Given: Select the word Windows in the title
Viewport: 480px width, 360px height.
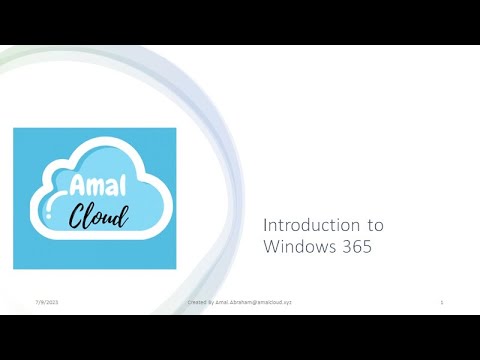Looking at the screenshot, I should pos(295,246).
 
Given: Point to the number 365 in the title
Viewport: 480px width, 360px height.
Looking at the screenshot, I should pos(354,246).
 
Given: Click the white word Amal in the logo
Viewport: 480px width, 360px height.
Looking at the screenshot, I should pos(95,185).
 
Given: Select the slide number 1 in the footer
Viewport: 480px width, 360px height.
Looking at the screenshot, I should pos(441,300).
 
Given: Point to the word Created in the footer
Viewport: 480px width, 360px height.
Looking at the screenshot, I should pos(198,300).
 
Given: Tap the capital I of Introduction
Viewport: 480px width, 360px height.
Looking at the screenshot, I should pos(266,225).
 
